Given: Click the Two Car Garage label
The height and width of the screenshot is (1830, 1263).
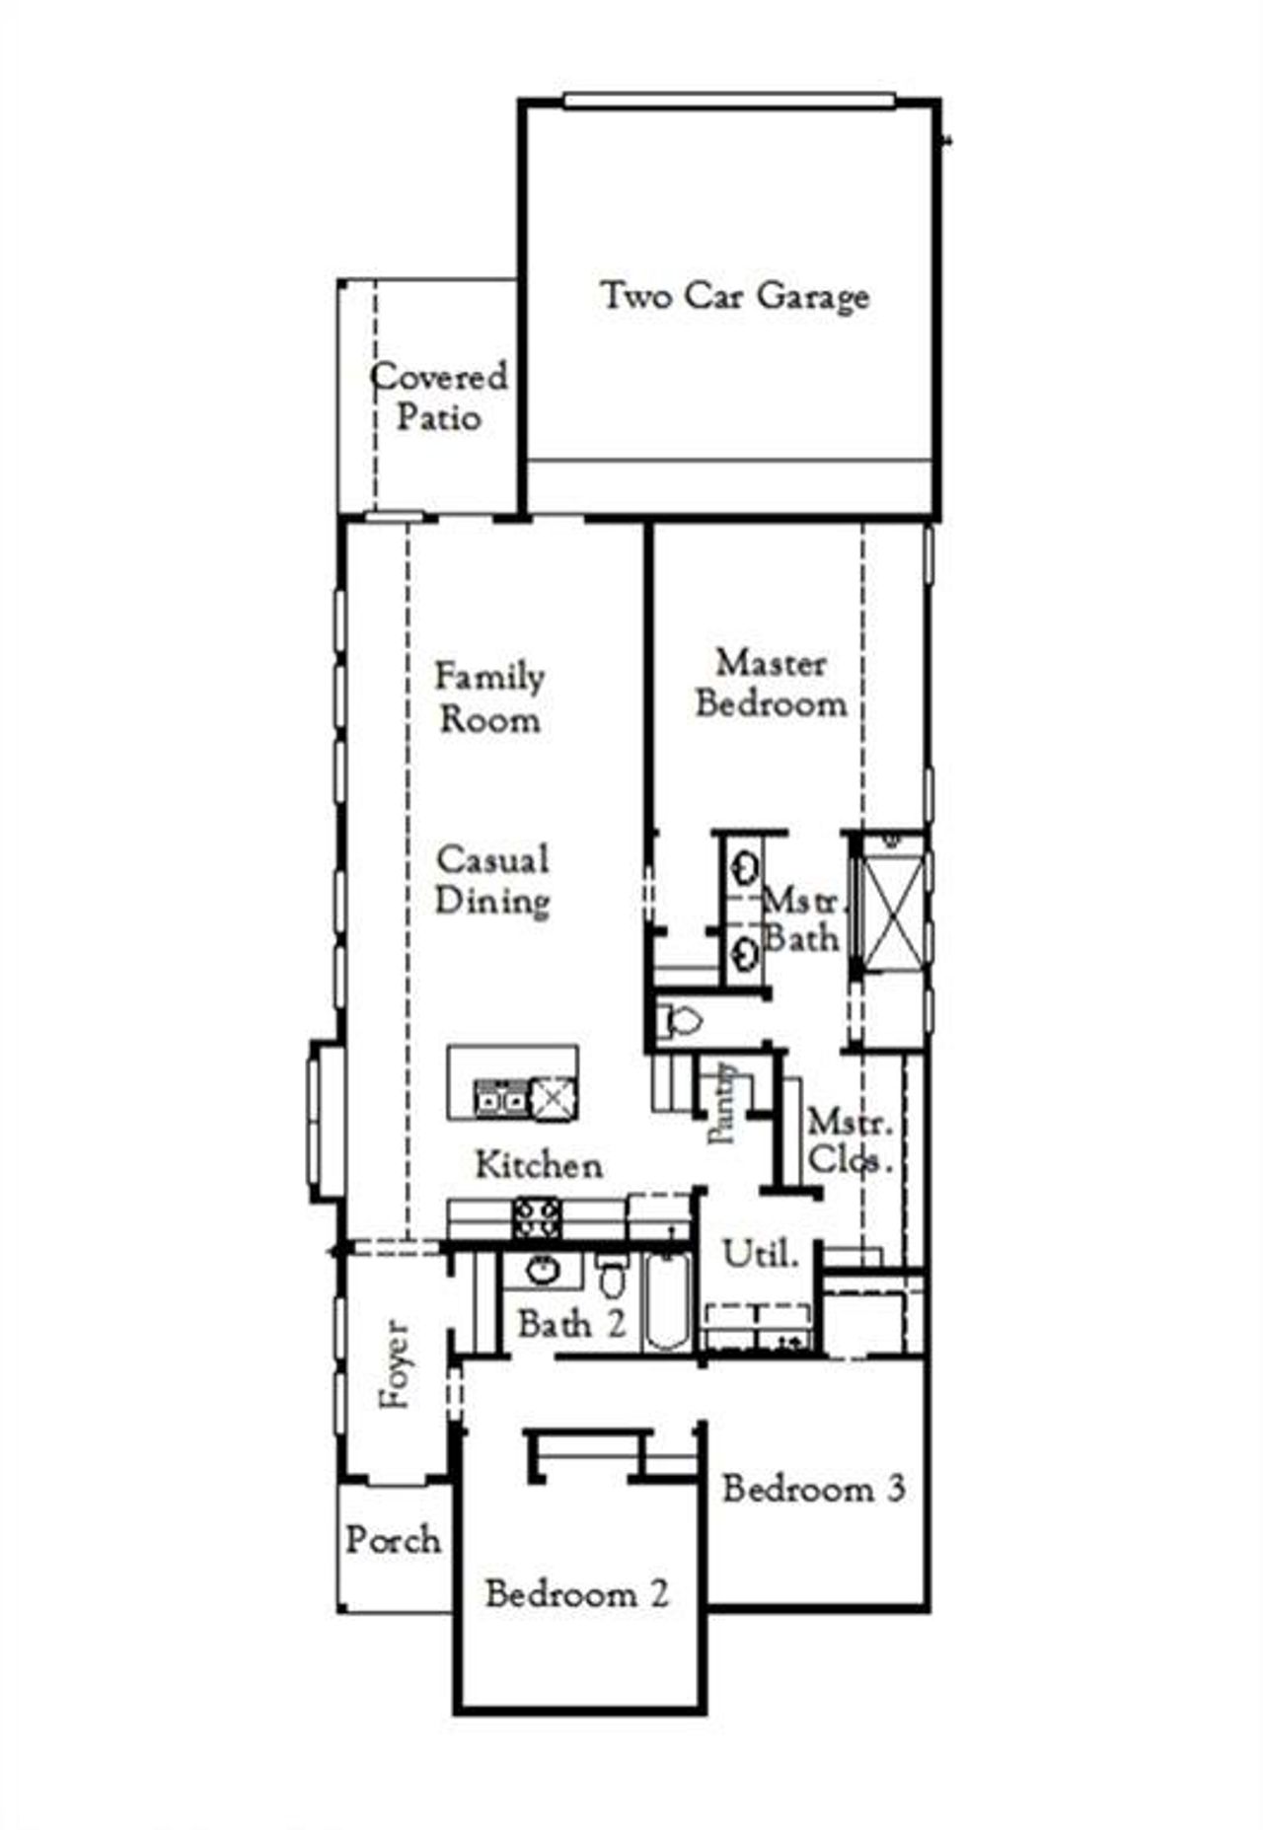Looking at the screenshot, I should point(735,296).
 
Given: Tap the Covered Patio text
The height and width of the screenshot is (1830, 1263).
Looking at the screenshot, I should point(439,397).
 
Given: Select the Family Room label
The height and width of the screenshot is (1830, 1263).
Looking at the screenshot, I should point(489,697).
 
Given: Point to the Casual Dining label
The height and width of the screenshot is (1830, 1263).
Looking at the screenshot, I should point(492,880).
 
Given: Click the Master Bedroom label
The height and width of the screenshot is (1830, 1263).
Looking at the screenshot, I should point(772,683).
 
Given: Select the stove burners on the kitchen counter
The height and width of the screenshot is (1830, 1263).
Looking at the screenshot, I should point(536,1218).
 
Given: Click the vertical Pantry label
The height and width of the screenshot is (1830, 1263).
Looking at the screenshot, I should point(725,1103).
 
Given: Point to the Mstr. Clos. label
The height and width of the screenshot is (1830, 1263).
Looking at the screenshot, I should point(851,1141).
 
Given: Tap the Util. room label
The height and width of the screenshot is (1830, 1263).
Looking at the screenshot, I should point(760,1255).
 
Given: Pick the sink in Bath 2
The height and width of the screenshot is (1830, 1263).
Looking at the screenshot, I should point(543,1271).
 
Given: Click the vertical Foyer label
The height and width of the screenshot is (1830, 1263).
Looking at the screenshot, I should point(397,1364).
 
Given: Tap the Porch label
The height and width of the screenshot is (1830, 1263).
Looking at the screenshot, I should point(393,1540).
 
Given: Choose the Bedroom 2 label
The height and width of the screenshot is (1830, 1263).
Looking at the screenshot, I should point(576,1593).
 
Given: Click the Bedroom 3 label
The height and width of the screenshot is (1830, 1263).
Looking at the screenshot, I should point(814,1488).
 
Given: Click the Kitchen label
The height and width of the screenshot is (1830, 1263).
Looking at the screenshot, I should point(539,1164).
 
